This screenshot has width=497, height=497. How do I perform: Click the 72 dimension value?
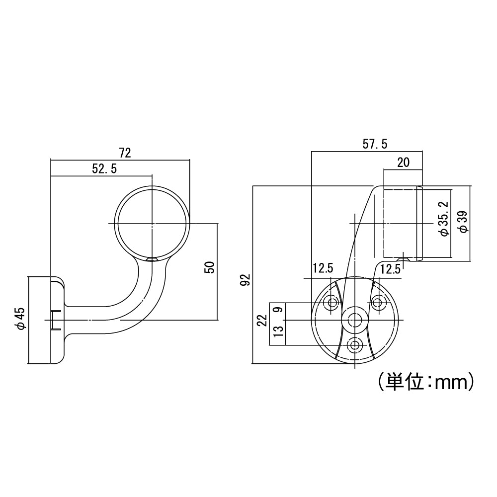pos(125,153)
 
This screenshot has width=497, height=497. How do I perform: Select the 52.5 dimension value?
pos(104,169)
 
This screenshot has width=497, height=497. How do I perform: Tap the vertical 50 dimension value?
pos(209,267)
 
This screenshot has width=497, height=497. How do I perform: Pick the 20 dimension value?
pos(403,162)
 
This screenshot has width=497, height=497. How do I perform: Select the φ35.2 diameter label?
pos(444,219)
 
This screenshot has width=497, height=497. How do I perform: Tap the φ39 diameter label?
pos(462,222)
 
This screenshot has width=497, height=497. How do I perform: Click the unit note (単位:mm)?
pos(425,382)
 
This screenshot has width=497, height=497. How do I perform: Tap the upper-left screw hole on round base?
pos(331,302)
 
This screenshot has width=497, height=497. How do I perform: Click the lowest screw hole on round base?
pos(354,344)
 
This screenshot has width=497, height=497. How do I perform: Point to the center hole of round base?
pos(354,319)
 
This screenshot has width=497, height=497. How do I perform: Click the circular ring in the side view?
pos(152,224)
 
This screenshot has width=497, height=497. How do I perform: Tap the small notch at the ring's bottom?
pos(152,259)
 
